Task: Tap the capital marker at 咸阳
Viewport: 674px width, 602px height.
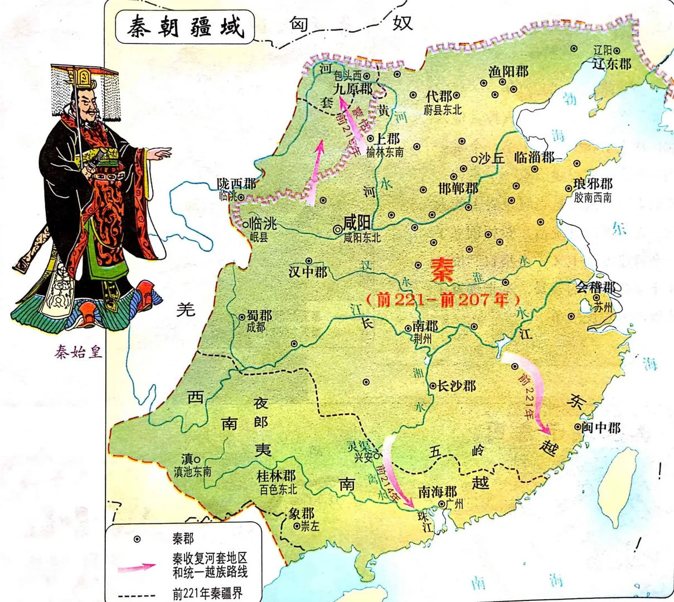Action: coord(337,229)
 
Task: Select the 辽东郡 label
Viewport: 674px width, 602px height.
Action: coord(612,64)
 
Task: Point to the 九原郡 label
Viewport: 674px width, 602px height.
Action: coord(352,88)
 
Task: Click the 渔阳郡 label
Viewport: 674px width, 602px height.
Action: coord(508,71)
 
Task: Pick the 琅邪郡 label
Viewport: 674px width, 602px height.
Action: coord(593,184)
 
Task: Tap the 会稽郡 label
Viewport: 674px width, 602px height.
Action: coord(596,288)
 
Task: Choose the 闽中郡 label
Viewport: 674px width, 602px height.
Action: coord(602,428)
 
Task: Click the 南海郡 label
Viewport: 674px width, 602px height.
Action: coord(438,492)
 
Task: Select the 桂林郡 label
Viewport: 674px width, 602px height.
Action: coord(276,476)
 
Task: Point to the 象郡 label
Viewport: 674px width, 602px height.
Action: coord(302,513)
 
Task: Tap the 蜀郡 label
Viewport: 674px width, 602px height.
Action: coord(259,315)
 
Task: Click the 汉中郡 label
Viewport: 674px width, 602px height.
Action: coord(308,272)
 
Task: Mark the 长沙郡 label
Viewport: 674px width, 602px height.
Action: coord(457,386)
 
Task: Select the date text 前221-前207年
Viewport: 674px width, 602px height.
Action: coord(443,300)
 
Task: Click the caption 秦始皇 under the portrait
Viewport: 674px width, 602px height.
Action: coord(79,352)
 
